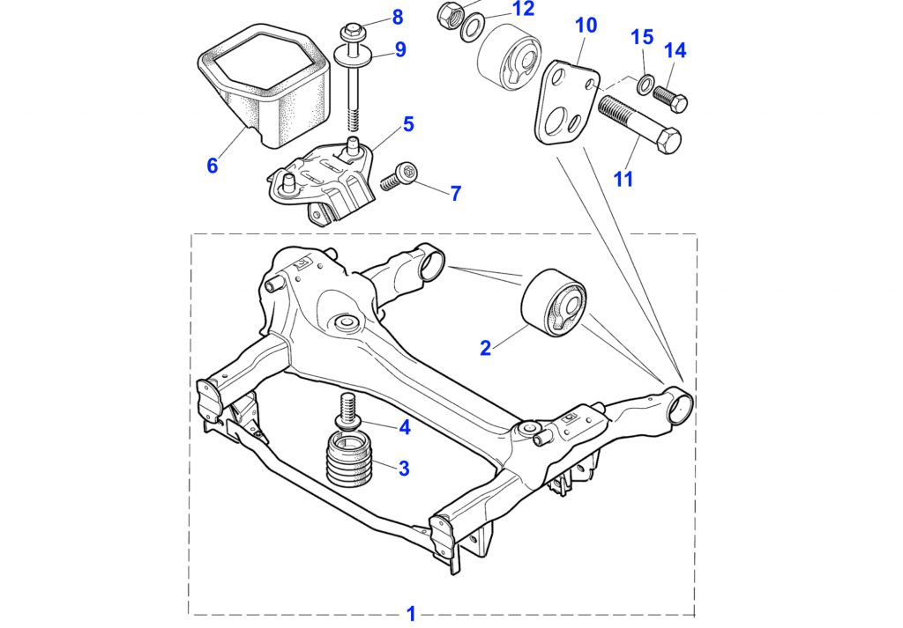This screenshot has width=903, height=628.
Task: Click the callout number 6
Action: click(x=213, y=166)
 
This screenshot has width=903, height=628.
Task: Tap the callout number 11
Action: click(x=623, y=179)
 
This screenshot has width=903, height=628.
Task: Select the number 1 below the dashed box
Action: click(x=411, y=614)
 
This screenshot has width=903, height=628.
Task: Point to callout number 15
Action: click(x=642, y=37)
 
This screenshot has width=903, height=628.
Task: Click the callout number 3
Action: click(x=404, y=468)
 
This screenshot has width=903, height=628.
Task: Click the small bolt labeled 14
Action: click(x=670, y=99)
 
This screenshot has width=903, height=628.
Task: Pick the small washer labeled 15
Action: click(x=645, y=85)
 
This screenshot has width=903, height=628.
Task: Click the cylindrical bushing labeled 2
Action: click(x=554, y=302)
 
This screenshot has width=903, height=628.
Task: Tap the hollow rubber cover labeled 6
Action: click(x=264, y=85)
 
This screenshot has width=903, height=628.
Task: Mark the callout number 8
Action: click(x=398, y=17)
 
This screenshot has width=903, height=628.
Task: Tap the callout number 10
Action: click(x=586, y=26)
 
